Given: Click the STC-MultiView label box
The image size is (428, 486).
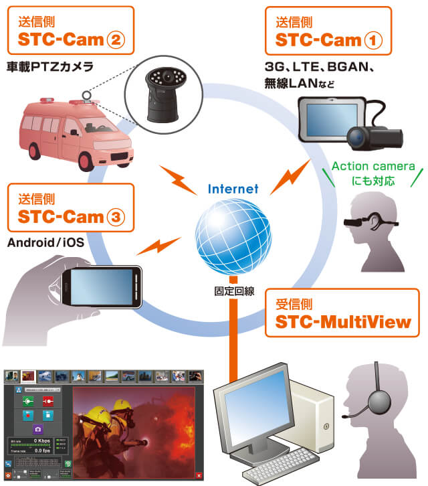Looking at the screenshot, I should [342, 312].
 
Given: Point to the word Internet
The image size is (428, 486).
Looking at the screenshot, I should [233, 189].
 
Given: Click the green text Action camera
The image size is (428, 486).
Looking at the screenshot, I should [373, 167].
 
